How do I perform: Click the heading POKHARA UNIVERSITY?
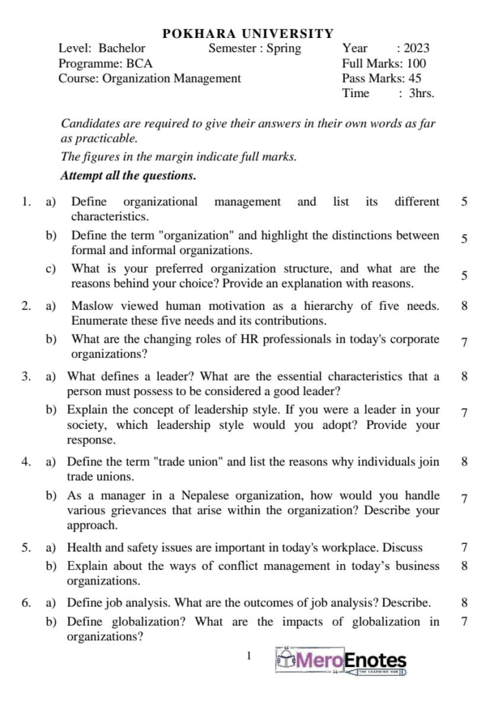248,33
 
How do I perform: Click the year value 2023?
417,48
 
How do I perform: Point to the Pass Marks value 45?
415,78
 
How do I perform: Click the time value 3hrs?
422,94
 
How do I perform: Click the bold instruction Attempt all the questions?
129,176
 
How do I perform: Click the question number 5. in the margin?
25,548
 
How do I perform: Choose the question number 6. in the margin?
25,603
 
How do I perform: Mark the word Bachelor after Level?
122,48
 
